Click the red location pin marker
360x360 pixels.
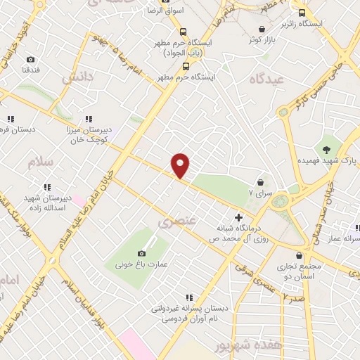(x=181, y=166)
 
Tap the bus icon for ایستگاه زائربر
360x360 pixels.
(x=302, y=13)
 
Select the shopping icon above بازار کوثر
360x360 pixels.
(x=262, y=29)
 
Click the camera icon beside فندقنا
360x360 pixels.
(x=30, y=60)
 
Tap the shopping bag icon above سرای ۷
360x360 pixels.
(x=259, y=182)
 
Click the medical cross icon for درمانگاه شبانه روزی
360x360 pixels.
(x=240, y=217)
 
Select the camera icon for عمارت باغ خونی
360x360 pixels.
(x=141, y=253)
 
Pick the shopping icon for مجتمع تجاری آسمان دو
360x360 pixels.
(x=300, y=255)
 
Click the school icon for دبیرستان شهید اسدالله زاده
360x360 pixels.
(x=47, y=187)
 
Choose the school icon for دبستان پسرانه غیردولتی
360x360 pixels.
(x=188, y=297)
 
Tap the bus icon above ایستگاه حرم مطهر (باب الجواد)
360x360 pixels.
(x=183, y=32)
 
